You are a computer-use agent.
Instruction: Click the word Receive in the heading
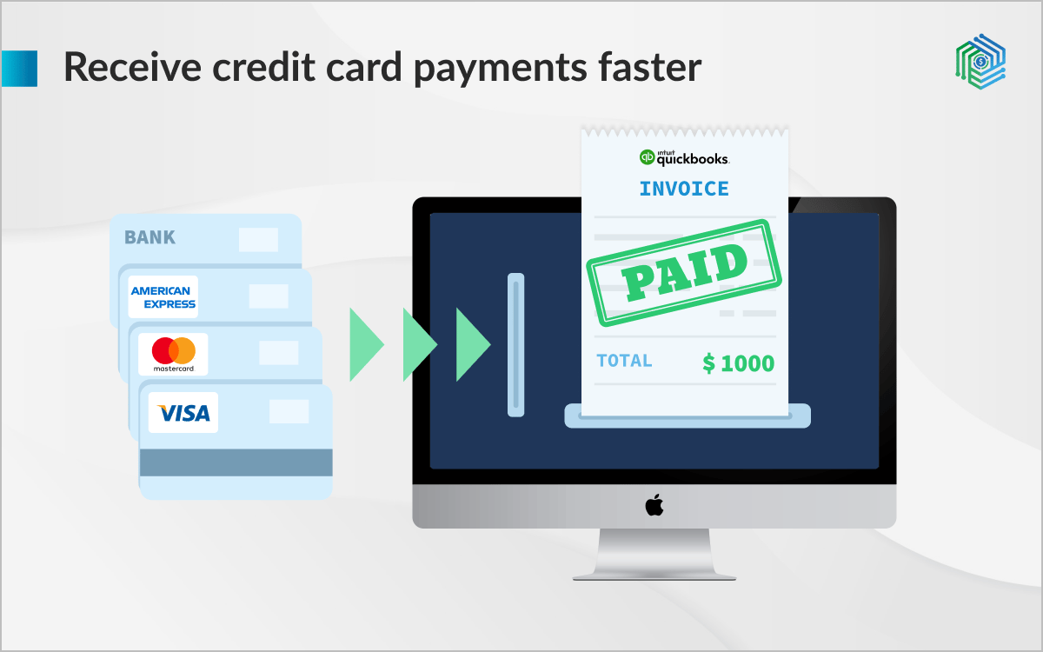[x=133, y=67]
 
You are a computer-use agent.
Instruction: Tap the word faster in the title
[x=650, y=67]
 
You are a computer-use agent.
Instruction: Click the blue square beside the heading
[x=19, y=69]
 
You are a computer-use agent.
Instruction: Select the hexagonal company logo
[x=980, y=62]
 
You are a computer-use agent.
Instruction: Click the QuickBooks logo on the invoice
[x=684, y=157]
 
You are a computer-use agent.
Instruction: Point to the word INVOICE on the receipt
[x=684, y=189]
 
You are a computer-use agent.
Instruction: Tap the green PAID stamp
[x=684, y=273]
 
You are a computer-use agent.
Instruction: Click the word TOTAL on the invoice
[x=624, y=361]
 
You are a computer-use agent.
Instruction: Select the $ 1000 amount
[x=739, y=363]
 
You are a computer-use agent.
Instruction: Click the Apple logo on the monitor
[x=654, y=505]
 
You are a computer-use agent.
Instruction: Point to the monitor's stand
[x=654, y=555]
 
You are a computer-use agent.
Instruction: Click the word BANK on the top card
[x=149, y=237]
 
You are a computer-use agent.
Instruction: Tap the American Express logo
[x=163, y=296]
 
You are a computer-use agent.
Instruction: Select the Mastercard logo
[x=173, y=354]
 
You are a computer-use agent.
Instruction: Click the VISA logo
[x=183, y=413]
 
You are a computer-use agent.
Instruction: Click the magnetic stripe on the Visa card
[x=236, y=462]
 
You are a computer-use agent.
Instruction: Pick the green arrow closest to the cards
[x=367, y=344]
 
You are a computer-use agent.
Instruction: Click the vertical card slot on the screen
[x=516, y=344]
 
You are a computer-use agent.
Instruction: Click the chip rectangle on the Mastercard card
[x=278, y=353]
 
